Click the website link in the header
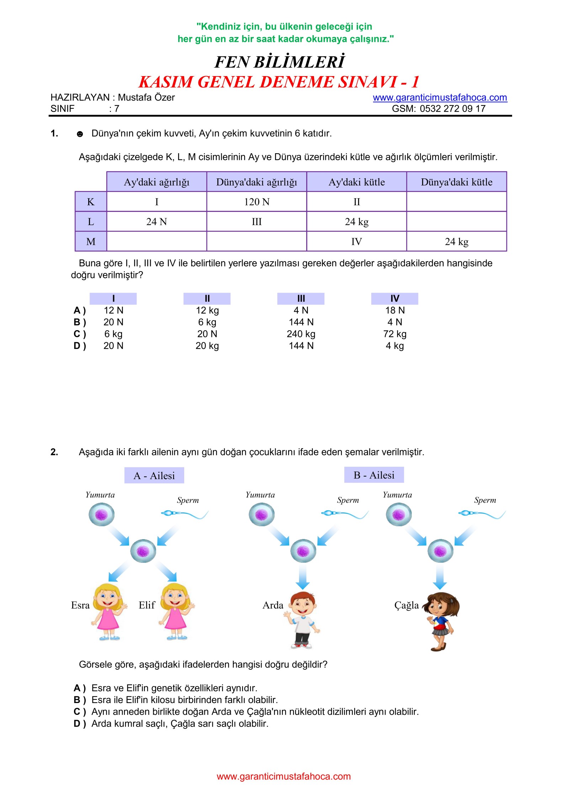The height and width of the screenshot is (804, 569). pyautogui.click(x=440, y=97)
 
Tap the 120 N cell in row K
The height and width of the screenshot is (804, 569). pyautogui.click(x=256, y=202)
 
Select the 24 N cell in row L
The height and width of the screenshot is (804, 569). pyautogui.click(x=156, y=222)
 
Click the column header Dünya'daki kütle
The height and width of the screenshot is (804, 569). pyautogui.click(x=456, y=182)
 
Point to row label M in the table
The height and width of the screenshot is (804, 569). pyautogui.click(x=91, y=242)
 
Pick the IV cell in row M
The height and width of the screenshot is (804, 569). pyautogui.click(x=356, y=242)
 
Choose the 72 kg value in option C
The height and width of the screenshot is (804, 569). pyautogui.click(x=395, y=334)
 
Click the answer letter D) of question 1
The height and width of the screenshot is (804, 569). pyautogui.click(x=80, y=346)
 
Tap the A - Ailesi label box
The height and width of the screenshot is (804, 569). pyautogui.click(x=154, y=476)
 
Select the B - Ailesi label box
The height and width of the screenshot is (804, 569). pyautogui.click(x=374, y=475)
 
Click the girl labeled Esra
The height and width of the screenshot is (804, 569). pyautogui.click(x=108, y=611)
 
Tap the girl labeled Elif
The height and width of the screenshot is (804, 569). pyautogui.click(x=176, y=611)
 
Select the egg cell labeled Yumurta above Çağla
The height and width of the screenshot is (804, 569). pyautogui.click(x=399, y=515)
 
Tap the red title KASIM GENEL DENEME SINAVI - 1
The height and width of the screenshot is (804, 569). pyautogui.click(x=279, y=82)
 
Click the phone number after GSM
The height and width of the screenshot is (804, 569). pyautogui.click(x=452, y=109)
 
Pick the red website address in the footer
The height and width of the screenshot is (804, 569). pyautogui.click(x=283, y=776)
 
